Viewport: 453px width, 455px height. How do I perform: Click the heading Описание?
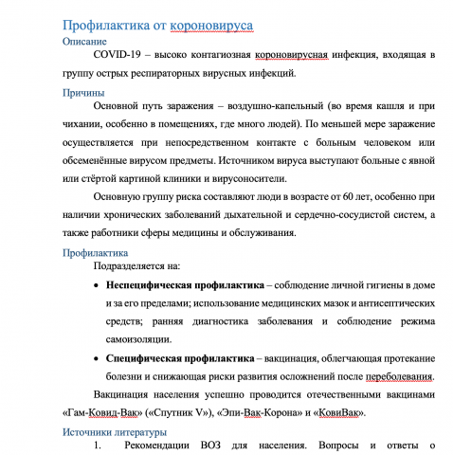tap(84, 43)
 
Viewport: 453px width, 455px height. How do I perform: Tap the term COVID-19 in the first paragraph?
tap(117, 57)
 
